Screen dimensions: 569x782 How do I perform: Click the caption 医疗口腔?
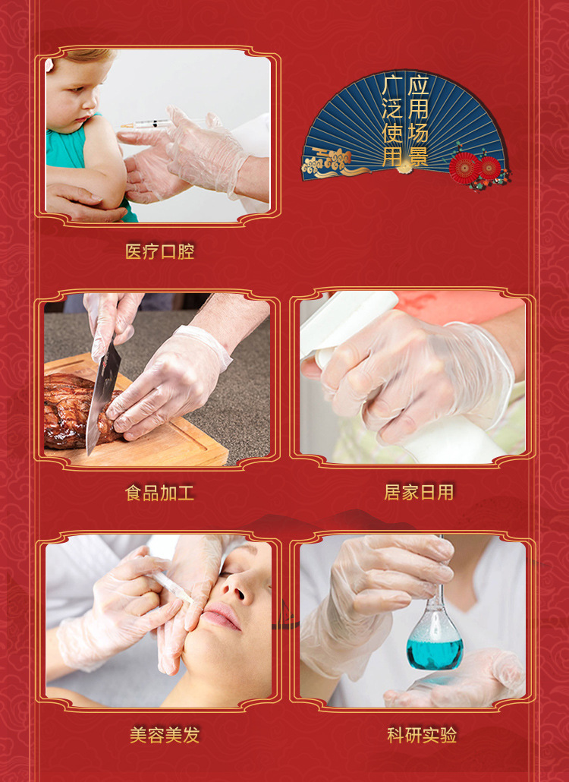[x=159, y=251]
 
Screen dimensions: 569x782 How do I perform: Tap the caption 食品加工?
[x=159, y=493]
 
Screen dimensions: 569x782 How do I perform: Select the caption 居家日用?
[x=419, y=492]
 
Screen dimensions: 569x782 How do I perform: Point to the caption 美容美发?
[x=165, y=735]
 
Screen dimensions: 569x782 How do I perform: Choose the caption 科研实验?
[x=422, y=735]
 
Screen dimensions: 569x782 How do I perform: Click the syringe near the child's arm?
[x=159, y=124]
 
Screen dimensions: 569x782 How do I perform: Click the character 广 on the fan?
[x=392, y=85]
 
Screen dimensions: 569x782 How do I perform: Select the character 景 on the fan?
[x=417, y=156]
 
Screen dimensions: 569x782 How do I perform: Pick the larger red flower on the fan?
[x=464, y=168]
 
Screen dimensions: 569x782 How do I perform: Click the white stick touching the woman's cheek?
[x=172, y=588]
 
